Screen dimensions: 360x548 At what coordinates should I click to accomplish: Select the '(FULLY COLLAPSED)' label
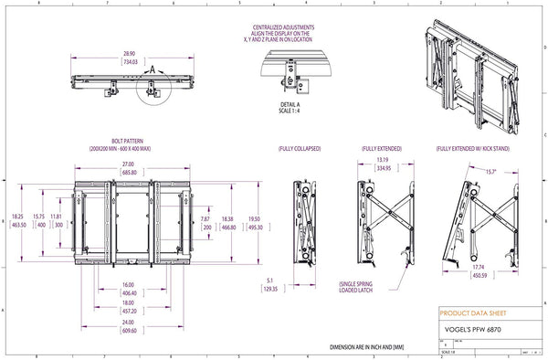coord(300,148)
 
